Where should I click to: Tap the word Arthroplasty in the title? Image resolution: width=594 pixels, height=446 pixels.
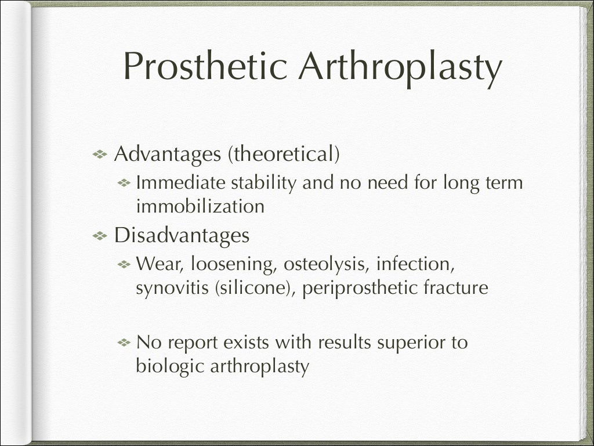tap(400, 67)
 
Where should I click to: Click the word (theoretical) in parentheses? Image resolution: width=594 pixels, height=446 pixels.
tap(283, 154)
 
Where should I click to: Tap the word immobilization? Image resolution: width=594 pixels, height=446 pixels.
tap(200, 206)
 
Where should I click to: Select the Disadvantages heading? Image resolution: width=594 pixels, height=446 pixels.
tap(182, 235)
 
